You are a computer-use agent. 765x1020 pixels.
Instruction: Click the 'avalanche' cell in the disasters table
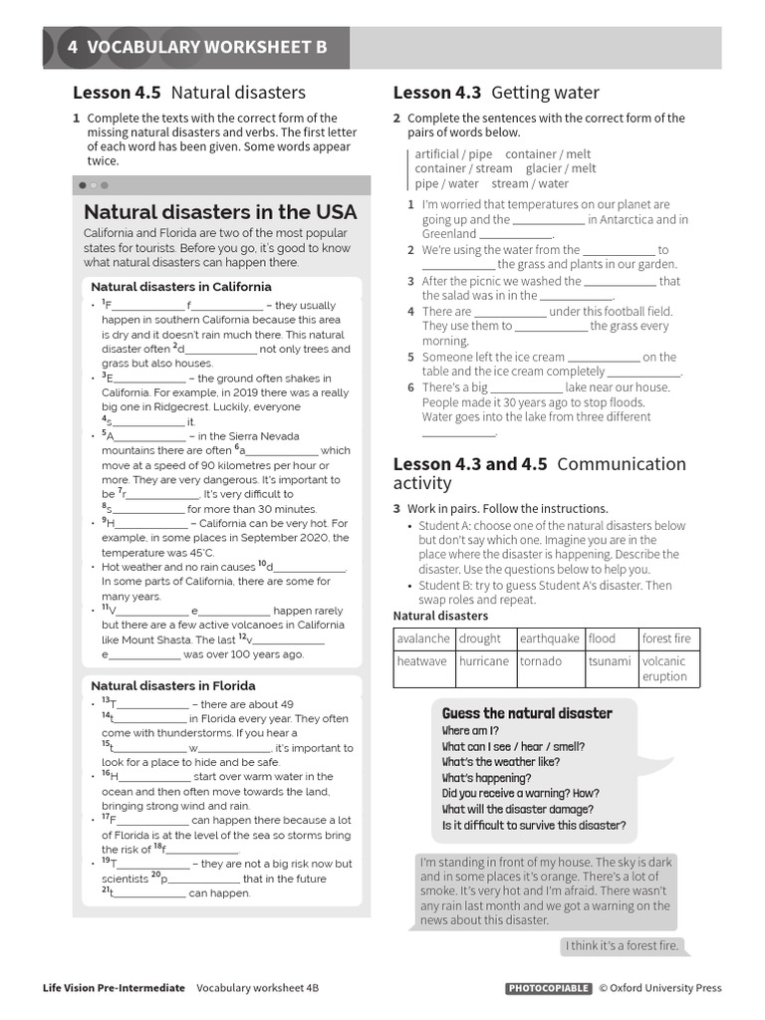[423, 638]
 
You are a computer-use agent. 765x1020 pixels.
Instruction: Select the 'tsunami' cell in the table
[610, 661]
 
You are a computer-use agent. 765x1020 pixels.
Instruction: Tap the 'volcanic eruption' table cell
[668, 668]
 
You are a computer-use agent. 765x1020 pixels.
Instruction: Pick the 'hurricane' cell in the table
[484, 661]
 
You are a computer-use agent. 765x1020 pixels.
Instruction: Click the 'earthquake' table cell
[549, 638]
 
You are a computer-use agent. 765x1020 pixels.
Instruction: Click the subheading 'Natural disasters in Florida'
[172, 685]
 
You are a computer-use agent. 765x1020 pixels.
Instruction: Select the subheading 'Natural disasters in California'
[180, 287]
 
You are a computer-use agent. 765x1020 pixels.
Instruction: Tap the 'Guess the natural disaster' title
[527, 713]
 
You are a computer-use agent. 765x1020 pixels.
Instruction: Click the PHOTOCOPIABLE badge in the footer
[547, 988]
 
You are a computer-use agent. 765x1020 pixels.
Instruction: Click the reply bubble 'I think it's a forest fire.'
[622, 945]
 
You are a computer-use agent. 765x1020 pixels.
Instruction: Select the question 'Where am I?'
[470, 731]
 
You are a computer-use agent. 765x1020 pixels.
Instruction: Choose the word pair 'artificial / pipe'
[453, 154]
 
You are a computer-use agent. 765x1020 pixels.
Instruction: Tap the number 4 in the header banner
[73, 47]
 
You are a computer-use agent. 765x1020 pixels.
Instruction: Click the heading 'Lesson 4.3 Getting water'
[496, 93]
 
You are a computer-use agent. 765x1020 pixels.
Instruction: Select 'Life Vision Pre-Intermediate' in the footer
[114, 988]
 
